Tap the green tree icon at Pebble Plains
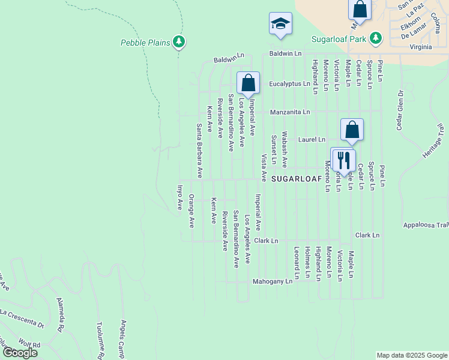click(178, 41)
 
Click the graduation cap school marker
click(280, 24)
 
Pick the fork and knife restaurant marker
click(343, 160)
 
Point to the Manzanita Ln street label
click(290, 112)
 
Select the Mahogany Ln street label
click(272, 280)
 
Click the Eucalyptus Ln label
click(289, 84)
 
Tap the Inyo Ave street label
click(179, 197)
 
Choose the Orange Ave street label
click(191, 211)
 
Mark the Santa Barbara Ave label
click(199, 151)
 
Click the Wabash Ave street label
click(285, 149)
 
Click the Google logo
click(20, 352)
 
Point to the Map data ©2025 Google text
click(411, 355)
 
